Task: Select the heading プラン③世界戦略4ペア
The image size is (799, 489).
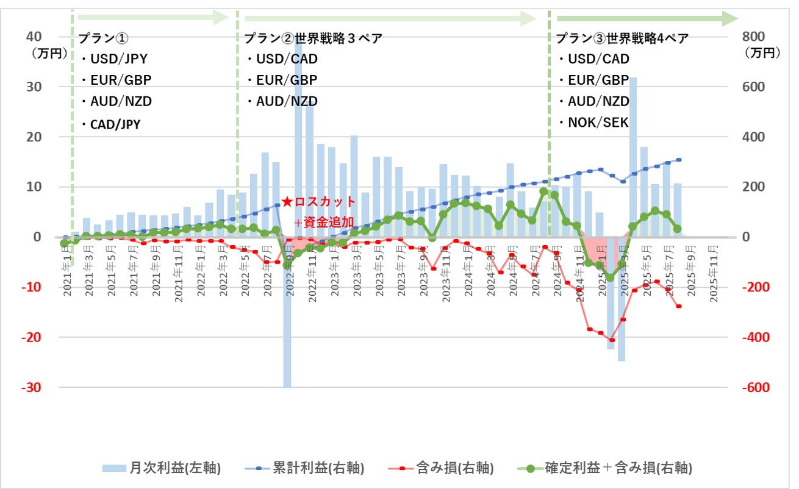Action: click(622, 39)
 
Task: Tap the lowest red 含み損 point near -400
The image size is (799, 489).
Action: click(612, 340)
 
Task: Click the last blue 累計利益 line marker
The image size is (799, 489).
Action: click(679, 160)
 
